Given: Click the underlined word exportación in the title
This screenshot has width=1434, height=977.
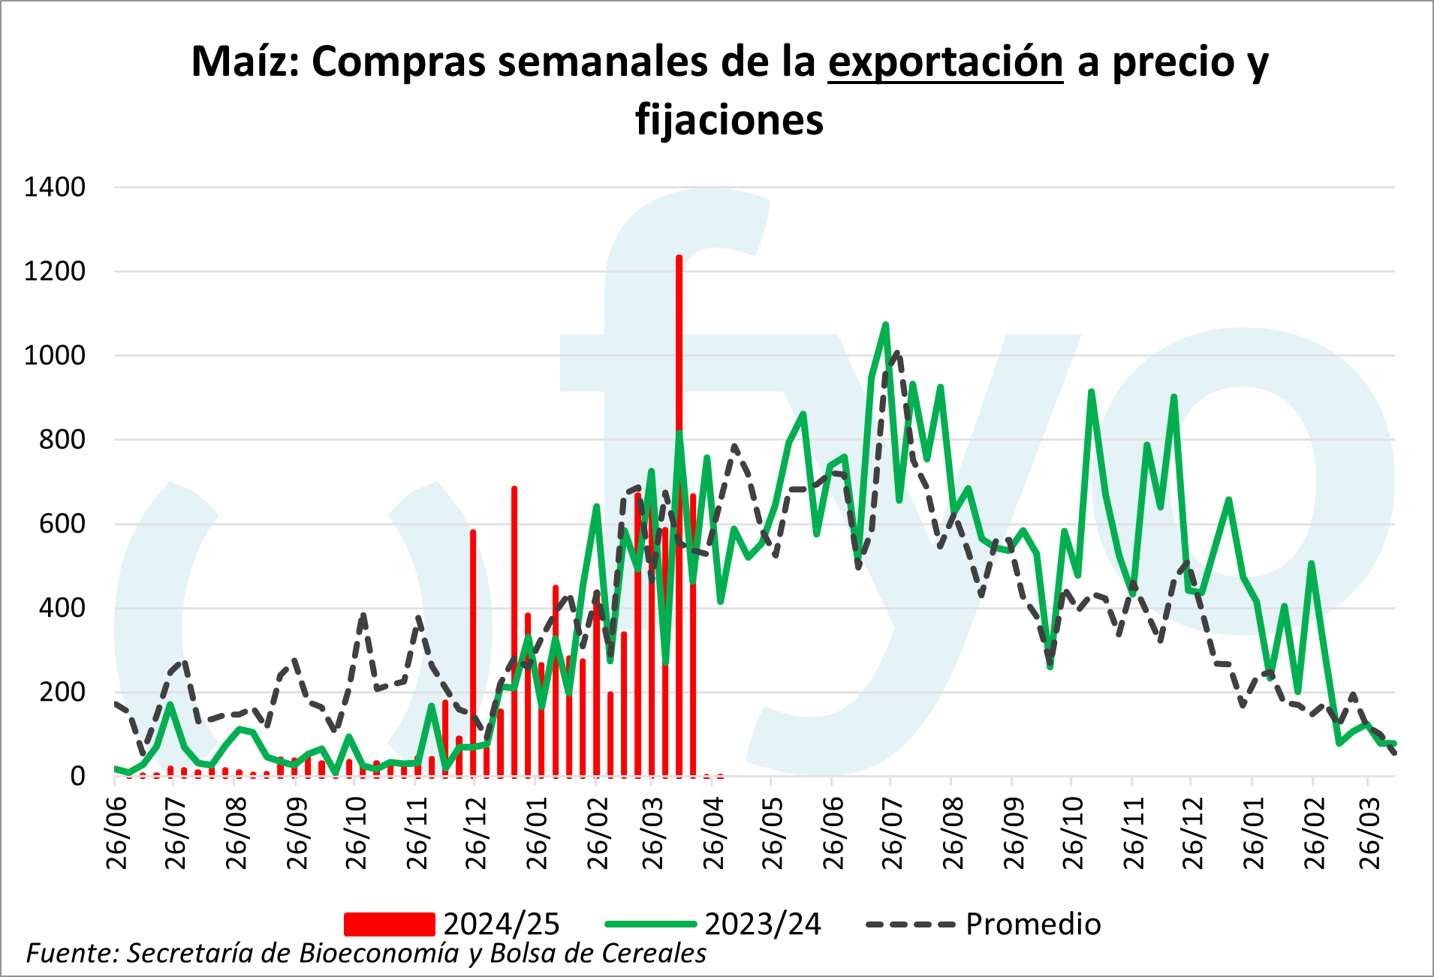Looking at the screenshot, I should click(945, 62).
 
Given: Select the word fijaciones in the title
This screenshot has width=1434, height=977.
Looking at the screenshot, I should click(729, 120).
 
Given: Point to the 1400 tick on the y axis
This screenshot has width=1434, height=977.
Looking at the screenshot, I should click(55, 187).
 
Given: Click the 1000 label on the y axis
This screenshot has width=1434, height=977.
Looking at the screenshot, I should click(55, 355).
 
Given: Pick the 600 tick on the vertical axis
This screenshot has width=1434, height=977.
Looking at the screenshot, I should click(62, 524).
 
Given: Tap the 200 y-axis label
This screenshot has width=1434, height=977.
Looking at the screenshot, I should click(62, 692).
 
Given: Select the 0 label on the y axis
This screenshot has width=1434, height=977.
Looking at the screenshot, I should click(77, 776).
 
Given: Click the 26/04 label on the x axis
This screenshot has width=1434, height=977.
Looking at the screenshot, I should click(714, 833).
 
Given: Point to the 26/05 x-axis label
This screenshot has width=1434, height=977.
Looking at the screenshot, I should click(773, 833).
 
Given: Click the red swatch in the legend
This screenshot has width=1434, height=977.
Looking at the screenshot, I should click(389, 924).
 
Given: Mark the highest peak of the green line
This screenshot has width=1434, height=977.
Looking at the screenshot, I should click(886, 325).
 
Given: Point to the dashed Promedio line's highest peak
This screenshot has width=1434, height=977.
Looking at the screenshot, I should click(896, 353).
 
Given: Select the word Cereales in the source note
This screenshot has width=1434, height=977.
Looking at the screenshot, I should click(654, 953).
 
